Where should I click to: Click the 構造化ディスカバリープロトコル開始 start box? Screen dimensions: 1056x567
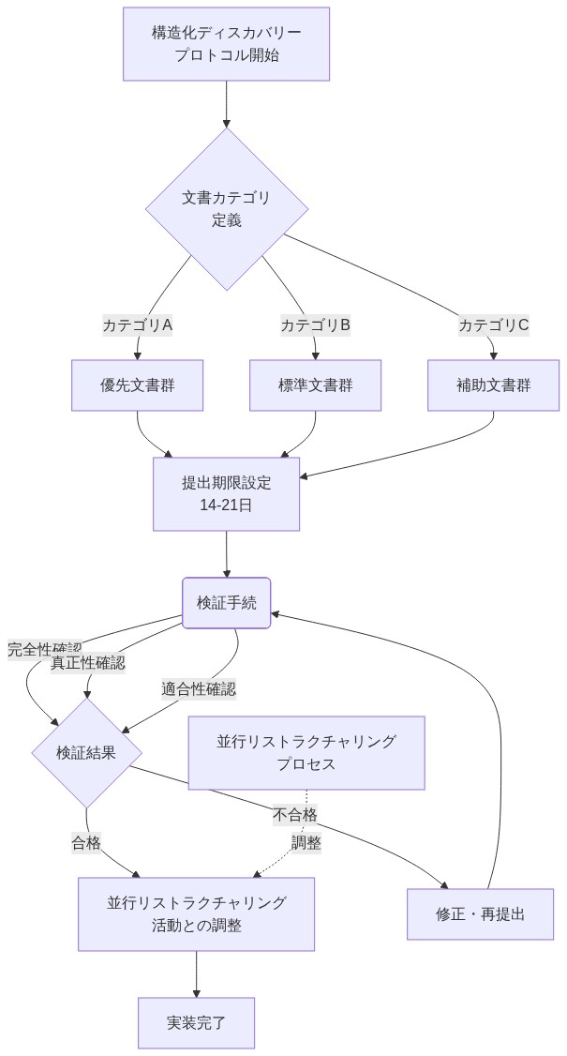click(x=226, y=44)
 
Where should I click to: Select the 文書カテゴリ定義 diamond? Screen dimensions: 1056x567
click(x=226, y=209)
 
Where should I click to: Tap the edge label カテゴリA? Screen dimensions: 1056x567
click(x=138, y=325)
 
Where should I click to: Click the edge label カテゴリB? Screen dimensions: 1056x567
click(x=315, y=325)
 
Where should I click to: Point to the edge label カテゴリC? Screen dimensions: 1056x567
click(x=493, y=325)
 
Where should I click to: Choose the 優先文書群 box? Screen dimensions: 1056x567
click(x=138, y=385)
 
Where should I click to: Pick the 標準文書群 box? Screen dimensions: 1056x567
click(x=315, y=385)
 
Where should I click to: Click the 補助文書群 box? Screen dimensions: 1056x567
click(x=493, y=385)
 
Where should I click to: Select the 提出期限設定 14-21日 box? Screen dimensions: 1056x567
click(x=226, y=494)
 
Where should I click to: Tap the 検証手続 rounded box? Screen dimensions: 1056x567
click(x=226, y=603)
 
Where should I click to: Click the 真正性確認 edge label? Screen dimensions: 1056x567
click(x=87, y=663)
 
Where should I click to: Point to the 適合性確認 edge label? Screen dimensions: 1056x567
click(x=198, y=689)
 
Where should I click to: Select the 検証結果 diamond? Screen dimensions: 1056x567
click(x=86, y=753)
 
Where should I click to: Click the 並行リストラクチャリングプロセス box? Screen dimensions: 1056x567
click(x=306, y=753)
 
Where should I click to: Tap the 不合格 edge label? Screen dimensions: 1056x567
click(x=294, y=814)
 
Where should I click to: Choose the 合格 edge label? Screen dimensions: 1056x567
click(x=86, y=842)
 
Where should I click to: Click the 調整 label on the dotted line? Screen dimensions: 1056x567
click(x=306, y=842)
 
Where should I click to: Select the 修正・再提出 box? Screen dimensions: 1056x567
click(x=480, y=914)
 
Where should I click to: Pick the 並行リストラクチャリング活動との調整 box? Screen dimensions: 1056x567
click(x=196, y=914)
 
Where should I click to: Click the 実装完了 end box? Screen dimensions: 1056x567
click(x=196, y=1023)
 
